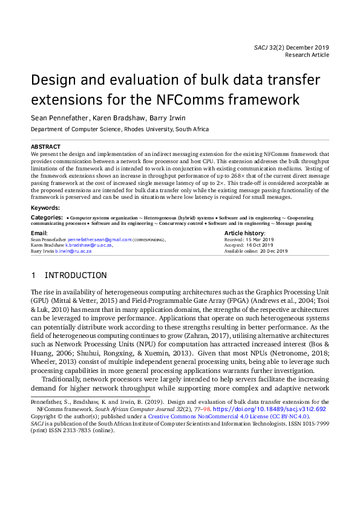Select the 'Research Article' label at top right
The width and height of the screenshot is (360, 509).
point(307,54)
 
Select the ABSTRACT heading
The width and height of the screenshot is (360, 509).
point(45,147)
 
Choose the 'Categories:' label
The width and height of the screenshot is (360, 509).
point(47,216)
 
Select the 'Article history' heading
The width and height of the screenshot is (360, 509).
point(244,233)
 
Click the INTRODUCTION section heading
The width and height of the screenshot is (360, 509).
point(76,276)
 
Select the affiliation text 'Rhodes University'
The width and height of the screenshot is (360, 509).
point(148,129)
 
